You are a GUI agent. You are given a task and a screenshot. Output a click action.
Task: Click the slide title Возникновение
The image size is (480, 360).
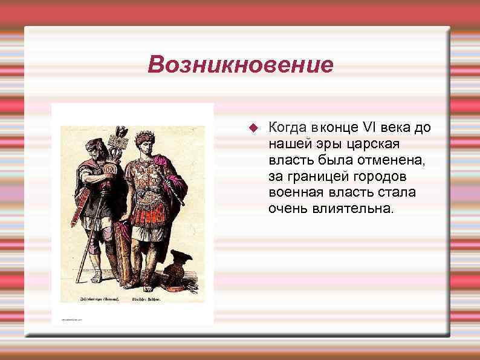pyautogui.click(x=240, y=64)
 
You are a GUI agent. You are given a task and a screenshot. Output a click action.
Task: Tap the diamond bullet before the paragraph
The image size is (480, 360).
pyautogui.click(x=253, y=128)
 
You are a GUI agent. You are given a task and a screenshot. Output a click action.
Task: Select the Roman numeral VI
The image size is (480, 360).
pyautogui.click(x=369, y=127)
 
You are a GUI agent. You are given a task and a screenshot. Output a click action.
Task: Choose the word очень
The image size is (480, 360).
pyautogui.click(x=288, y=209)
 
